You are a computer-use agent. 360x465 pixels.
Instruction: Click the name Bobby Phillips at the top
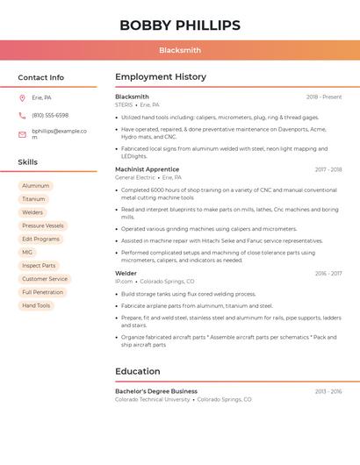point(180,25)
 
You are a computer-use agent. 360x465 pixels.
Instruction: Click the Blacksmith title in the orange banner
point(180,50)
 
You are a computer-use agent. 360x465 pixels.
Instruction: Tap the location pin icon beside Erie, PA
point(22,97)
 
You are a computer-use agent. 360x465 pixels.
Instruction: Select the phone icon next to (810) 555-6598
point(22,115)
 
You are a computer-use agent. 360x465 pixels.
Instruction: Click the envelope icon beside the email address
point(22,134)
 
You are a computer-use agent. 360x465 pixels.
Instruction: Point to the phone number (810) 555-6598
point(50,115)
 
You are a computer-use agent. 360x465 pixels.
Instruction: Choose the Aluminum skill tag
point(36,186)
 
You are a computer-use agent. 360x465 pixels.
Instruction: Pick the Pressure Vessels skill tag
point(43,225)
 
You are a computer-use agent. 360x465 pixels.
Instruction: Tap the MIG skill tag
point(27,252)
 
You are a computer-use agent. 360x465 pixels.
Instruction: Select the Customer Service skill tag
point(45,279)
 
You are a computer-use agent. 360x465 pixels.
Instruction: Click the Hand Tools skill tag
point(36,305)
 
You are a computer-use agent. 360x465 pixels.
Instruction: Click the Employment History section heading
point(161,77)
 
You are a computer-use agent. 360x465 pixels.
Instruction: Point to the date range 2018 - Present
point(324,97)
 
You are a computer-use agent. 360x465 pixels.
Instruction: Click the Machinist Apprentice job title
point(147,169)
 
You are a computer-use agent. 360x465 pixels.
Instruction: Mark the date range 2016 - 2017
point(328,274)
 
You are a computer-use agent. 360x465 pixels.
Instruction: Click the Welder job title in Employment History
point(126,273)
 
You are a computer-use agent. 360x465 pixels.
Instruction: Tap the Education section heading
point(138,371)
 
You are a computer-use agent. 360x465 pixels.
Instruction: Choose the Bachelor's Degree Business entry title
point(156,391)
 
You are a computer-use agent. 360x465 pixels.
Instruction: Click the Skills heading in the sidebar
point(28,162)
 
